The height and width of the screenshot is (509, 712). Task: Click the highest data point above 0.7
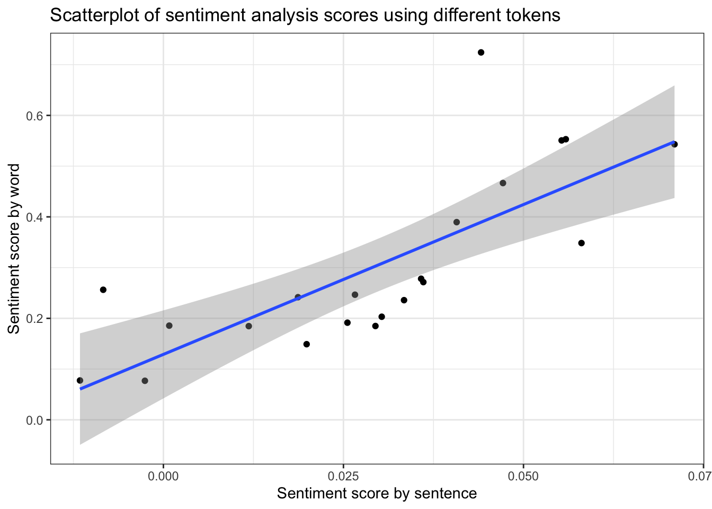click(x=481, y=52)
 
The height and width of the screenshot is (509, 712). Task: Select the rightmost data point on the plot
click(x=674, y=144)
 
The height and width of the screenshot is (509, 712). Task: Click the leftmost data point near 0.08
click(x=80, y=381)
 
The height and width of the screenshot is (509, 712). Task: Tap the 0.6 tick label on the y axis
click(x=34, y=116)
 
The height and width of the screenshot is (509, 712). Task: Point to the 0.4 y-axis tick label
click(x=34, y=217)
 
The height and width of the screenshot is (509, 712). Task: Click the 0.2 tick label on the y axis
click(x=34, y=319)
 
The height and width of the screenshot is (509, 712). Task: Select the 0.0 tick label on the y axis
click(x=34, y=420)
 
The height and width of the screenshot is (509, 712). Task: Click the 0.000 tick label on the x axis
click(x=163, y=476)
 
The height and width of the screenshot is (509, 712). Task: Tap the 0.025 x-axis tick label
click(x=343, y=476)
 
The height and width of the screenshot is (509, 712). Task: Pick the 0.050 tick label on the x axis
click(x=523, y=476)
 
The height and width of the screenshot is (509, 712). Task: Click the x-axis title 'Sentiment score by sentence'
click(x=377, y=494)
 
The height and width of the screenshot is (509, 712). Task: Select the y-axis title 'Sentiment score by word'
click(x=14, y=249)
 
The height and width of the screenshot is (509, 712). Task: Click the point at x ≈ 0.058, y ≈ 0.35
click(x=581, y=243)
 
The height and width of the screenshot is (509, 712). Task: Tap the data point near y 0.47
click(x=503, y=183)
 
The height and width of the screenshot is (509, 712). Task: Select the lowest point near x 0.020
click(x=306, y=344)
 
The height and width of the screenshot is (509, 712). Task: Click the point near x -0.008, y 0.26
click(x=103, y=289)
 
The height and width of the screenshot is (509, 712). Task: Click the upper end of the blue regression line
click(x=673, y=142)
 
